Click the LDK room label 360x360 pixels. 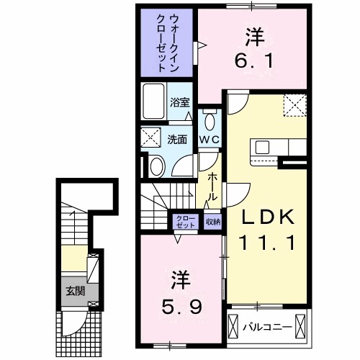[267, 217]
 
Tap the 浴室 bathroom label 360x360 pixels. [179, 103]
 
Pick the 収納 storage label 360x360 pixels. [212, 222]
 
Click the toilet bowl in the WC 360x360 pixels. [210, 120]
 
